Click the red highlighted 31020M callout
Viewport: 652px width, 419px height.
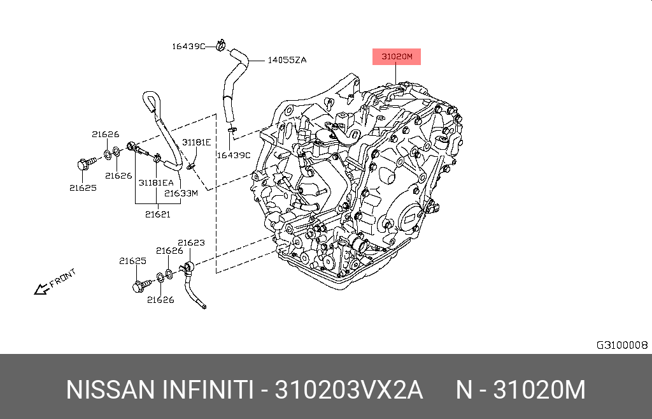(396, 57)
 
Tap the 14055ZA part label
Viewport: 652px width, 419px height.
(287, 60)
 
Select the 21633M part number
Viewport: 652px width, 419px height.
(181, 193)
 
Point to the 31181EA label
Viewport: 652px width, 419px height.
(156, 182)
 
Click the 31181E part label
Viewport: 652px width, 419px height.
(196, 142)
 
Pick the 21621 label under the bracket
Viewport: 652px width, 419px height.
(158, 214)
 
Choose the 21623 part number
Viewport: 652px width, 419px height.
(191, 242)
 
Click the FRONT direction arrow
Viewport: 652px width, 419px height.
(41, 289)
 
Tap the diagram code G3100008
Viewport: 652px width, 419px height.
(622, 345)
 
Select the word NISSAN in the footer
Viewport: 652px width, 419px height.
(110, 390)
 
